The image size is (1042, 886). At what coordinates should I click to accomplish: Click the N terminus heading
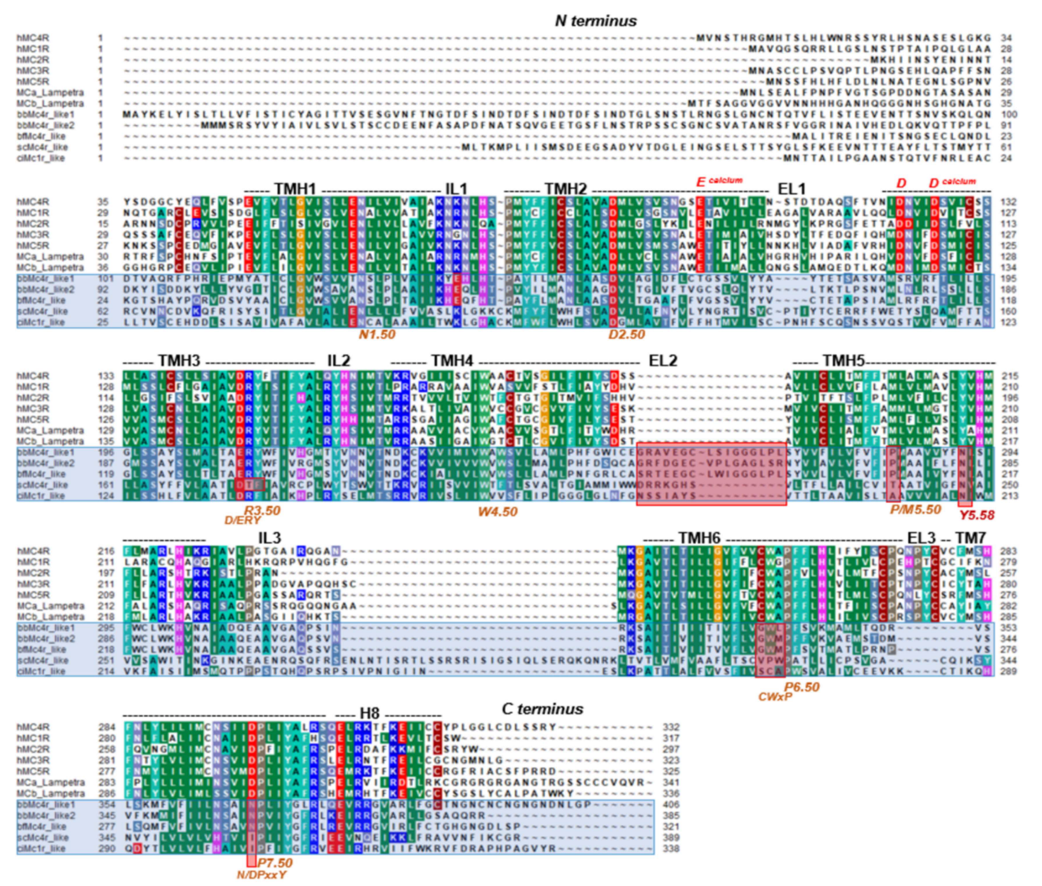pos(596,21)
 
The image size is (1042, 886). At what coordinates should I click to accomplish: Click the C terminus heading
pos(542,709)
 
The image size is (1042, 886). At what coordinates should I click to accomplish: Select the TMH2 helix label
pos(565,189)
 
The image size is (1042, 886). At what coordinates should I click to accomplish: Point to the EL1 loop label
pos(791,189)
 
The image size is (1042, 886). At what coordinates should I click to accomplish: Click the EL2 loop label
pos(663,361)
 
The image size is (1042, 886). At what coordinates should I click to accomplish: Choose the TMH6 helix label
pos(699,538)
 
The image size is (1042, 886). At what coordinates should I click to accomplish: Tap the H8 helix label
pos(369,713)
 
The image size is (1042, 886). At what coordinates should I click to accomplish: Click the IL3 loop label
pos(270,538)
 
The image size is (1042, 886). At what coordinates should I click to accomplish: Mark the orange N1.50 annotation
pos(376,335)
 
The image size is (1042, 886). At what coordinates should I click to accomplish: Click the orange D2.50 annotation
pos(626,335)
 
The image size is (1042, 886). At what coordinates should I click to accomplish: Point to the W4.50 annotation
pos(497,512)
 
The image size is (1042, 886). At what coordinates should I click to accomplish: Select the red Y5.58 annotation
pos(977,515)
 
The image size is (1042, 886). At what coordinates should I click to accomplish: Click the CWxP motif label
pos(775,697)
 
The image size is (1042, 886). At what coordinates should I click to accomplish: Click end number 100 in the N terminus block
pos(1009,114)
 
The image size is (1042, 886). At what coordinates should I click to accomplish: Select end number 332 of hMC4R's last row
pos(671,727)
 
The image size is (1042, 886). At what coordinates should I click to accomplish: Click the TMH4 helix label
pos(452,361)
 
